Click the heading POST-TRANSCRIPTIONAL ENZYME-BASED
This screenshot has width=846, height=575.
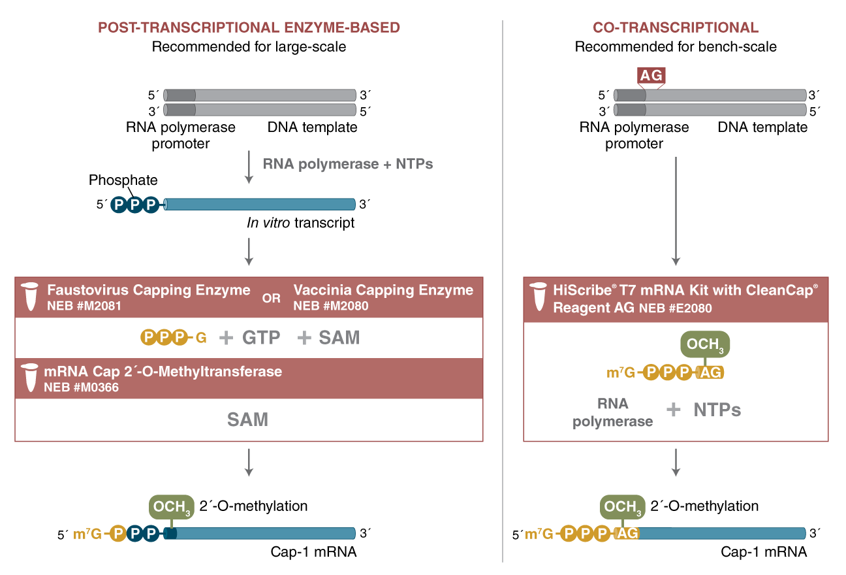click(249, 27)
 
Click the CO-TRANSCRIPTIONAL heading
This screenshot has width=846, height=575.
click(675, 27)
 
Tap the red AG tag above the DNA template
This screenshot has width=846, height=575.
click(651, 76)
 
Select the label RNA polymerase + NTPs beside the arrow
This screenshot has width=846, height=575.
click(347, 164)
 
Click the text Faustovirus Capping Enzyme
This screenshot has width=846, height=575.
click(148, 289)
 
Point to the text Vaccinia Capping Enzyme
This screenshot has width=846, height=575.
click(383, 289)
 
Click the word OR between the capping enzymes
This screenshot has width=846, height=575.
click(271, 299)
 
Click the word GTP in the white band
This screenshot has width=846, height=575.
click(261, 338)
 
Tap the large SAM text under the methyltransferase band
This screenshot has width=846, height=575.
click(247, 419)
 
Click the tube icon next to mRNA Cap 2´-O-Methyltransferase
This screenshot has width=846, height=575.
click(29, 379)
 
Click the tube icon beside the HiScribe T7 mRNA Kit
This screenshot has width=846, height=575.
click(538, 297)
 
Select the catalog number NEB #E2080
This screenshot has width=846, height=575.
click(676, 308)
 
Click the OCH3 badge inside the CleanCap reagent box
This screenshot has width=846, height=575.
click(705, 345)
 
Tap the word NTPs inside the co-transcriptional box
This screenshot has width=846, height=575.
click(717, 410)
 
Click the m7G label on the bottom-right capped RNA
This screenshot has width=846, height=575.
click(539, 534)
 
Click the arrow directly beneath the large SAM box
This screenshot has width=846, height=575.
click(248, 462)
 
